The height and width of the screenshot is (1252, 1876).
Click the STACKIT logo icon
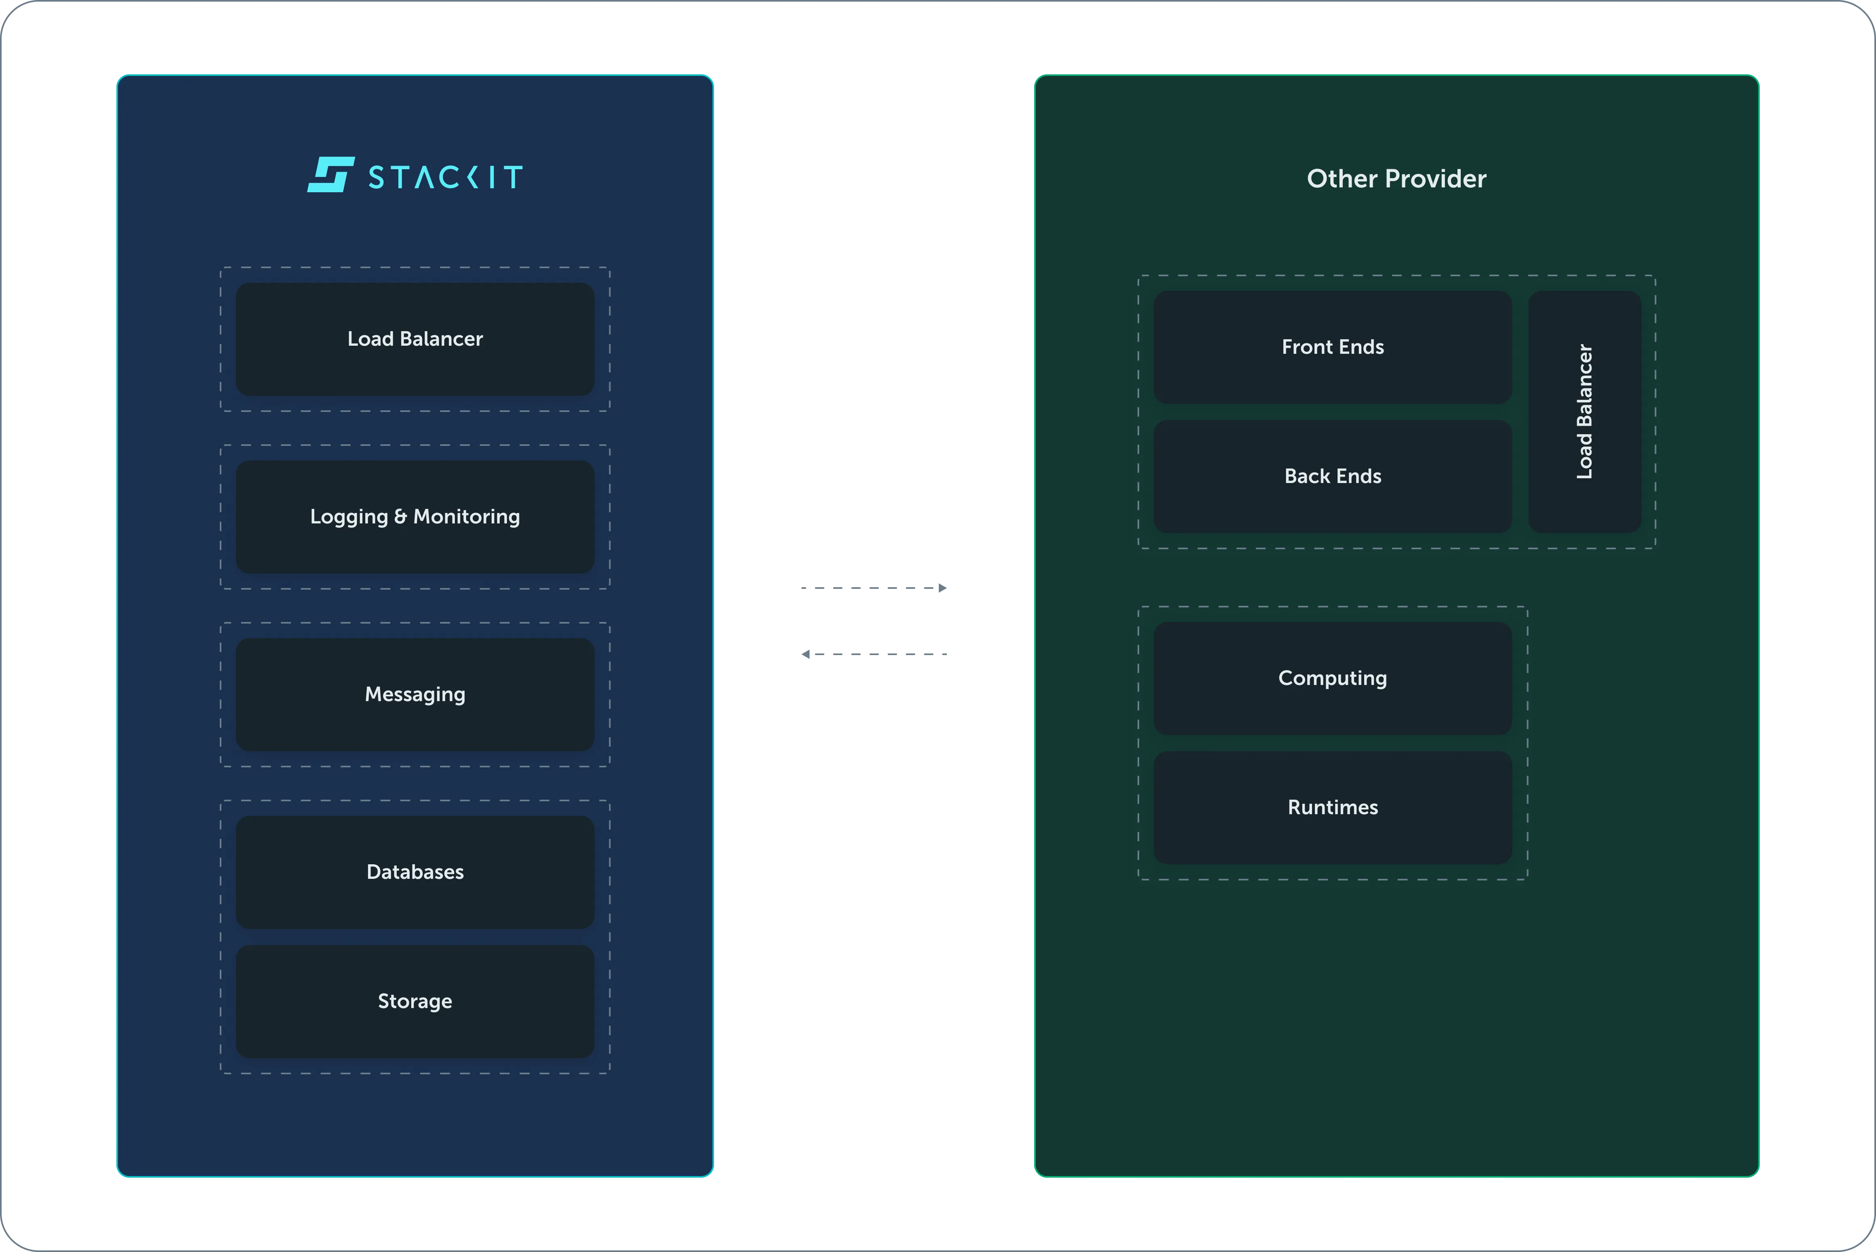click(330, 174)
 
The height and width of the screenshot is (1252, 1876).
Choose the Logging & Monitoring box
click(415, 517)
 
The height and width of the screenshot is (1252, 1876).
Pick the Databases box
click(415, 872)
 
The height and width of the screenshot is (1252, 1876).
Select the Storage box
click(415, 1001)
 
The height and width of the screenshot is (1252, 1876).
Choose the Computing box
click(1333, 679)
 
